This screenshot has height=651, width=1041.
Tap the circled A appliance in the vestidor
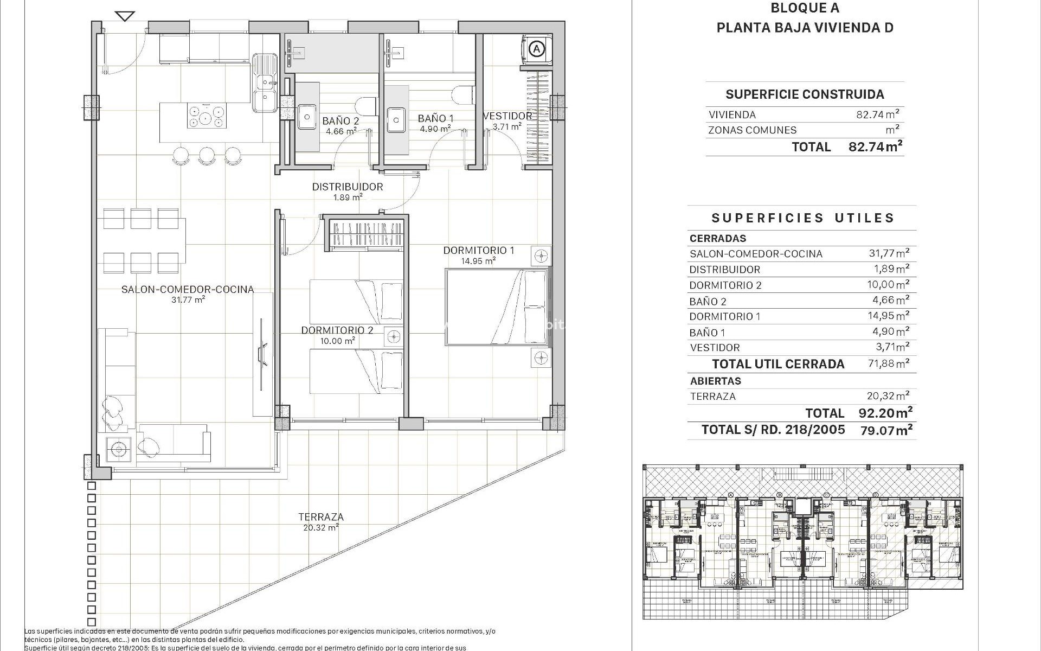pos(536,49)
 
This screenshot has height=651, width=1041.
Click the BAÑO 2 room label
pos(340,121)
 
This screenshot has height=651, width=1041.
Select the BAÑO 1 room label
pos(435,118)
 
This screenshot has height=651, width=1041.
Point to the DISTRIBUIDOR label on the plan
pos(347,187)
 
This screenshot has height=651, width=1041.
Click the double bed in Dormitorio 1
pos(496,307)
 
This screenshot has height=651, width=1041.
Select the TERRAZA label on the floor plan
pos(321,517)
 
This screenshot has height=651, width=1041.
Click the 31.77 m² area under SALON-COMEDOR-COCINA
pos(188,299)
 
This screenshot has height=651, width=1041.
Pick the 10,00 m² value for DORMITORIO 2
pos(888,285)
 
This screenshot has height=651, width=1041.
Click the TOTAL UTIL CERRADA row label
pos(778,364)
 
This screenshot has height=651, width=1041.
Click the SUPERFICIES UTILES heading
pos(802,218)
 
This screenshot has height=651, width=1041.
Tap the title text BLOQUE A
pos(805,8)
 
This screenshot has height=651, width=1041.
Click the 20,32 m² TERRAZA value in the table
pos(888,396)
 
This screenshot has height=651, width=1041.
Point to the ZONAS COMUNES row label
pos(752,130)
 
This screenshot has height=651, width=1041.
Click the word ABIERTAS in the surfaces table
pos(715,381)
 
